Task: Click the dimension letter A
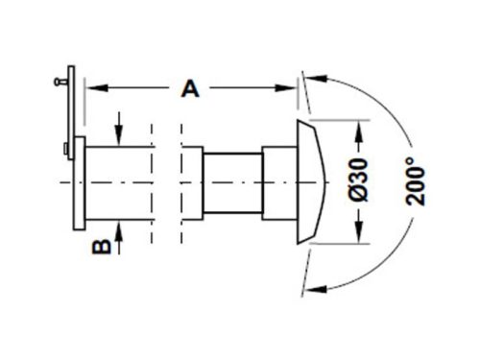(x=190, y=88)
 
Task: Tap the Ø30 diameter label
(x=359, y=180)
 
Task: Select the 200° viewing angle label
(x=416, y=181)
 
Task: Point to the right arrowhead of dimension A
(x=286, y=87)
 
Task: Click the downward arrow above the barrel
(x=119, y=129)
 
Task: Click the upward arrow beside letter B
(x=119, y=238)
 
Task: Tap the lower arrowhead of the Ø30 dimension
(x=359, y=232)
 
